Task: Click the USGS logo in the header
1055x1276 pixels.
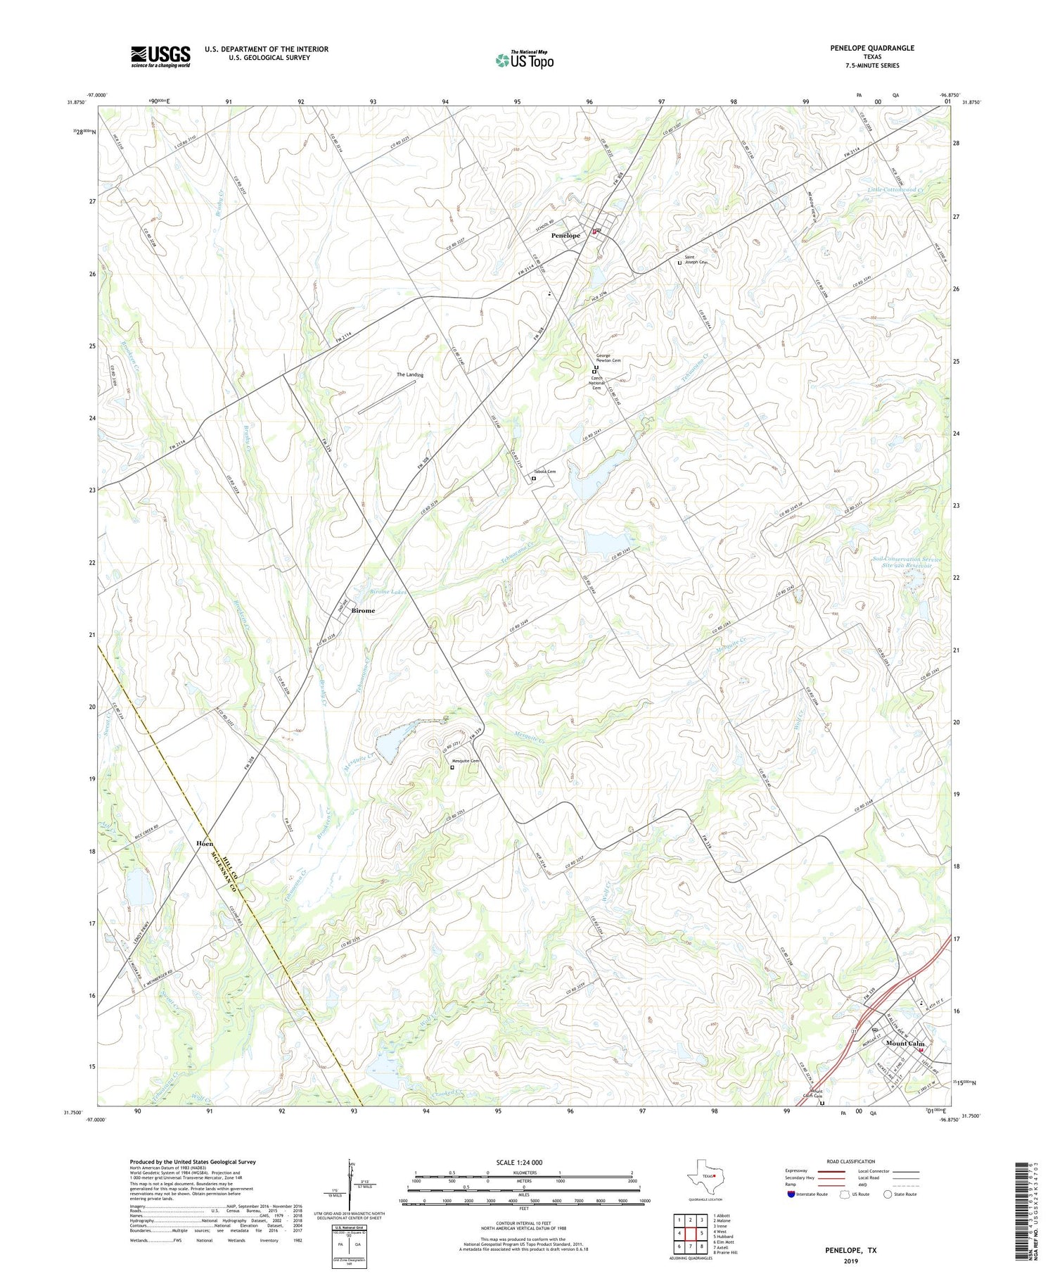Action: (x=160, y=56)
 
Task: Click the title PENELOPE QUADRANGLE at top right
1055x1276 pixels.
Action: (x=872, y=48)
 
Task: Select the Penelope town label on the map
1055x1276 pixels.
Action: (x=565, y=235)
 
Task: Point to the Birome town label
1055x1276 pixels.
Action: (x=363, y=610)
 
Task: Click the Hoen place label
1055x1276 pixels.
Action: (x=205, y=843)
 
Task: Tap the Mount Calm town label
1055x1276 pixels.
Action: (x=905, y=1043)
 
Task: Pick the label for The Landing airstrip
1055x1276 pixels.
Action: (x=410, y=374)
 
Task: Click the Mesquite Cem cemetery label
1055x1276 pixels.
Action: (x=465, y=761)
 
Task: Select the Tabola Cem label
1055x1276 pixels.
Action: (x=545, y=472)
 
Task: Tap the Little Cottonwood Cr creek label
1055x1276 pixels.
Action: (x=895, y=190)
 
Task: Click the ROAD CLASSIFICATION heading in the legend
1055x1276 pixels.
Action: (x=851, y=1161)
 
